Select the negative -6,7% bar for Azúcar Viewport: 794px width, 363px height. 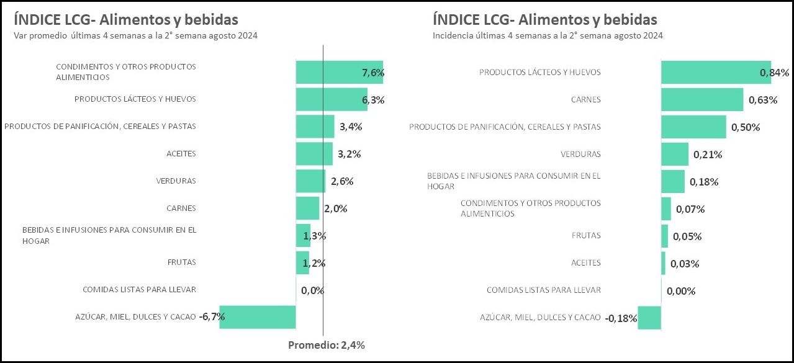tap(258, 316)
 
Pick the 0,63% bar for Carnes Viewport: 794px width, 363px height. tap(702, 99)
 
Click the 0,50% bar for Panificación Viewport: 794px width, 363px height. tap(693, 127)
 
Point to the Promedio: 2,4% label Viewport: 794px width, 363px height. tap(327, 346)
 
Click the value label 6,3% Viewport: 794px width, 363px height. tap(373, 100)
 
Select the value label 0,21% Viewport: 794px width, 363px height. tap(708, 155)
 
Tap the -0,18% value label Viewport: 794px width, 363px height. tap(621, 318)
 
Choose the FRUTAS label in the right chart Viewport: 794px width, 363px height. tap(586, 236)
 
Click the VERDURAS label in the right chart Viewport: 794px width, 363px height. tap(580, 154)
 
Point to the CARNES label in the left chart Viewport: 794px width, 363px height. tap(181, 208)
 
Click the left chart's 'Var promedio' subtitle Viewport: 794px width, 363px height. tap(135, 36)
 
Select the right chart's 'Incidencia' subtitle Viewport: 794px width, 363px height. tap(548, 36)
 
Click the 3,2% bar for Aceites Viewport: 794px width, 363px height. tap(314, 154)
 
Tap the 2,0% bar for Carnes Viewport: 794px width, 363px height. tap(307, 208)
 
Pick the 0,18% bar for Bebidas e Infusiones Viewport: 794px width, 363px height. tap(673, 181)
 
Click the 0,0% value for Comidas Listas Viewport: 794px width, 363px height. tap(313, 290)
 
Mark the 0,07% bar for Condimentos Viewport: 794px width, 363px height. tap(666, 208)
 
